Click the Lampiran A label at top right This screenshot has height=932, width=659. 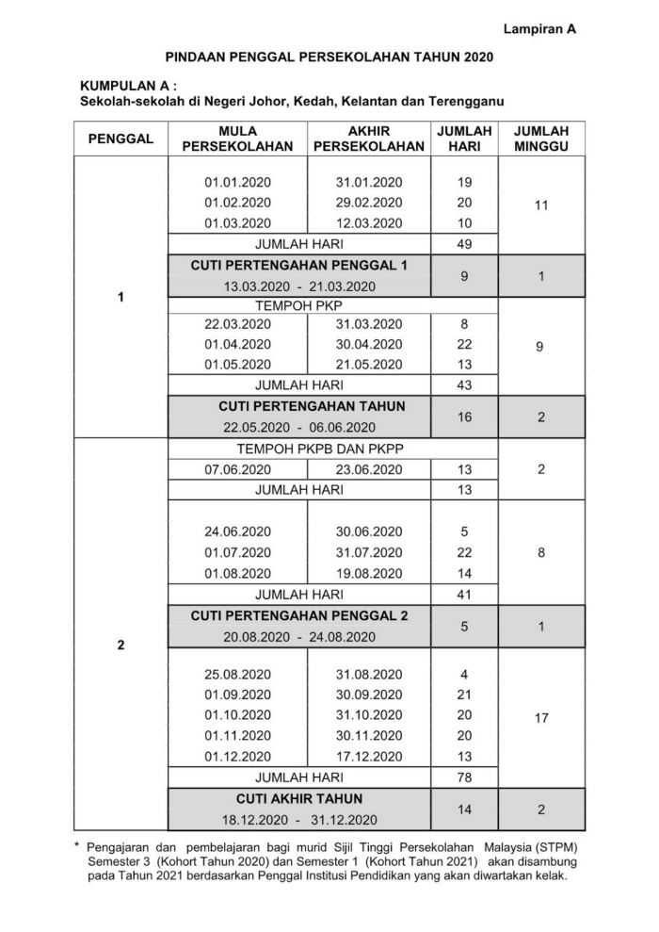click(539, 29)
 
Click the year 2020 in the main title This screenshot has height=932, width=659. click(475, 58)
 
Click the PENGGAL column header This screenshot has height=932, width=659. click(121, 139)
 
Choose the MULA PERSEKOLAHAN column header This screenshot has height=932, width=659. click(237, 139)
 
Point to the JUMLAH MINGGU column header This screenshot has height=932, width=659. click(540, 139)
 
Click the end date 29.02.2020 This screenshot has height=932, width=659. click(368, 203)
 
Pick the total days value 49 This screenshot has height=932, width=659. click(464, 244)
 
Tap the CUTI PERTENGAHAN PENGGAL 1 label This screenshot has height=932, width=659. click(298, 266)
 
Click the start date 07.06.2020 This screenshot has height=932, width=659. click(237, 469)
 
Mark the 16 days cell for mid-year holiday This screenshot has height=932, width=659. click(464, 417)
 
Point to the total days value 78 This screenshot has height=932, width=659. click(464, 777)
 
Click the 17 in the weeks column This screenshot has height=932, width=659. click(540, 718)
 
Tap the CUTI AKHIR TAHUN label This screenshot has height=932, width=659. click(298, 799)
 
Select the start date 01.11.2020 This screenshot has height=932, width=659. click(237, 736)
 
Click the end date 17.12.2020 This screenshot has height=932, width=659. click(368, 757)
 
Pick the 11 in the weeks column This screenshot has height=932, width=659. click(540, 204)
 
